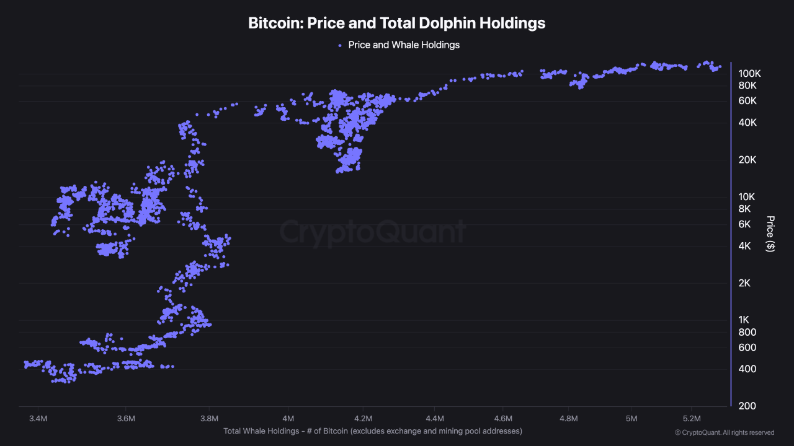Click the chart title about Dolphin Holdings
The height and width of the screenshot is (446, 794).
396,23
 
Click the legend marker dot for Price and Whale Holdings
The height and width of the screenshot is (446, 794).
339,45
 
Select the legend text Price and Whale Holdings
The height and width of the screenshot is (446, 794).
403,45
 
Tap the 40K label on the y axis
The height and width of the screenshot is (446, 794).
747,123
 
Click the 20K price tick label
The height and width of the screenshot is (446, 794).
747,160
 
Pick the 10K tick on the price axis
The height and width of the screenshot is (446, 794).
747,196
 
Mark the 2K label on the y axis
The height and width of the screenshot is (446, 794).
744,283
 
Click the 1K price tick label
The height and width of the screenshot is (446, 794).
744,320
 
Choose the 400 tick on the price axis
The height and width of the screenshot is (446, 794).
747,369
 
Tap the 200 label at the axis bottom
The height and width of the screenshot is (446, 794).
747,406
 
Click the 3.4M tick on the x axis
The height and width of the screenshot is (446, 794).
38,419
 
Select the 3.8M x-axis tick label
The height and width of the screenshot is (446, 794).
210,419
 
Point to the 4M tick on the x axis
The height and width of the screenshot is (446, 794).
288,419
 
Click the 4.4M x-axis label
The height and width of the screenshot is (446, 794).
435,419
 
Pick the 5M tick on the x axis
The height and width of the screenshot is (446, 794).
631,419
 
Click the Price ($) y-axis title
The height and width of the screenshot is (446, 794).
770,234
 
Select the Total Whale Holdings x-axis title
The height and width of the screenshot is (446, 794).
373,431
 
